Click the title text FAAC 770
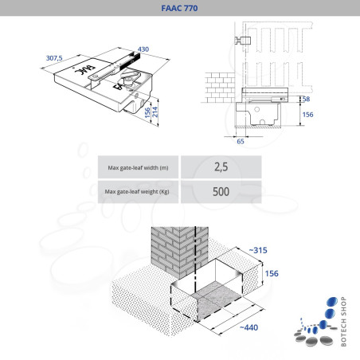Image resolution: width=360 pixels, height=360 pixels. (x=179, y=10)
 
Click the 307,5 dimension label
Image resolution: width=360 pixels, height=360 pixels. (x=54, y=58)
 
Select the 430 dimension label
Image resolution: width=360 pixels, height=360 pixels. (x=143, y=50)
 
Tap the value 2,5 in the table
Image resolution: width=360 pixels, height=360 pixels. (x=221, y=168)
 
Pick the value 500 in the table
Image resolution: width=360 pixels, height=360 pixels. (x=221, y=192)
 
